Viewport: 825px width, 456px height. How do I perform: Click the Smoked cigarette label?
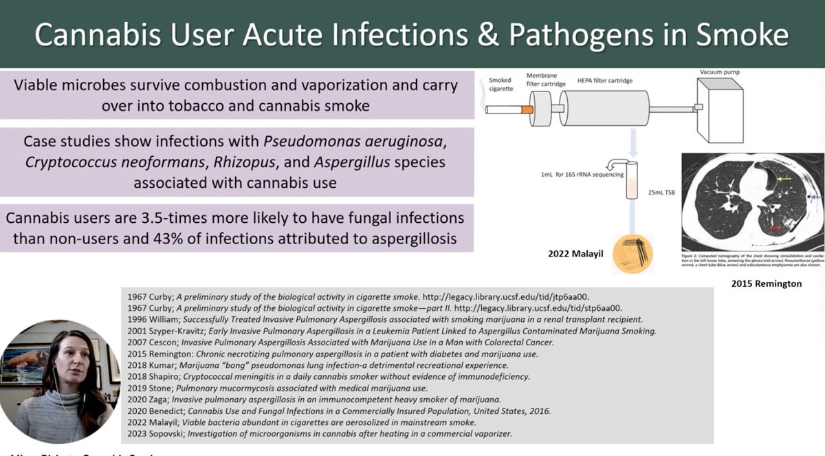[500, 85]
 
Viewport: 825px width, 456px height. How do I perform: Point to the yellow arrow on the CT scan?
[782, 180]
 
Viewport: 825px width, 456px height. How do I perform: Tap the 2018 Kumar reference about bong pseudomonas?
[318, 365]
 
